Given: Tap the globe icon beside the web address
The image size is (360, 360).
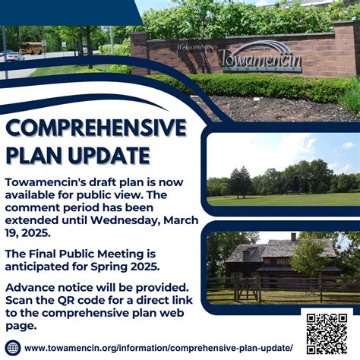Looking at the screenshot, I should (x=13, y=347).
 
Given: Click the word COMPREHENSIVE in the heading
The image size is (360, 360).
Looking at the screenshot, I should (x=95, y=127).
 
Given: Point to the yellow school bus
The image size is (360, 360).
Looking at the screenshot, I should (x=30, y=49).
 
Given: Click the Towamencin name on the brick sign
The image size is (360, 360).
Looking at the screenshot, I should (x=259, y=58).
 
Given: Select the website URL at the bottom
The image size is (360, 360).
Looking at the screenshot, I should (x=159, y=347).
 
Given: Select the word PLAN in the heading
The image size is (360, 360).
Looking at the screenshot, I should (x=33, y=156).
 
